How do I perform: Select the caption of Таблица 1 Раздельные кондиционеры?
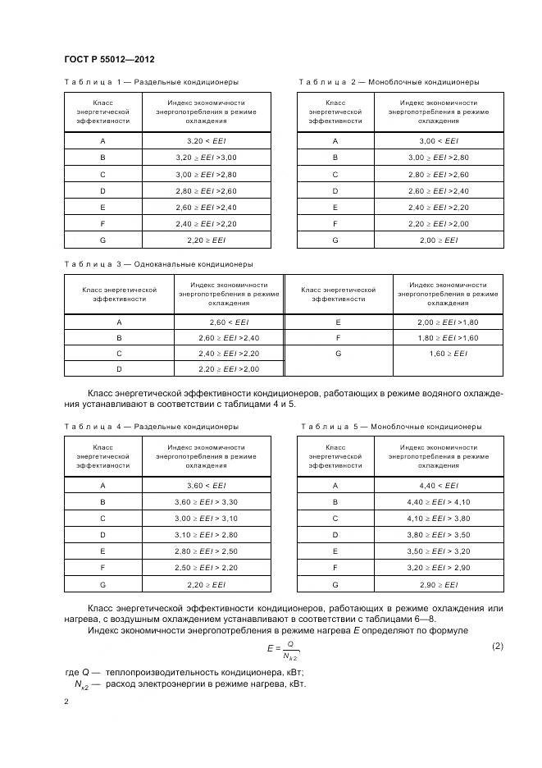[152, 82]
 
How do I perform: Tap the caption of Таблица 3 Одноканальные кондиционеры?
[158, 264]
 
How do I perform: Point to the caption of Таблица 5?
[391, 427]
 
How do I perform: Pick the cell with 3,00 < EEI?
[439, 141]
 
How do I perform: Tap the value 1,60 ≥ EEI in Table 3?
[449, 353]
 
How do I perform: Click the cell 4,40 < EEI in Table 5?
[439, 486]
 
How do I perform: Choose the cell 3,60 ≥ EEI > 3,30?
[206, 502]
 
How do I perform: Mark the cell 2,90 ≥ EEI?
[439, 585]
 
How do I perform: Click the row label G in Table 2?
[335, 241]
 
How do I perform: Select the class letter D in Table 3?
[119, 368]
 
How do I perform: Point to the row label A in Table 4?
[102, 486]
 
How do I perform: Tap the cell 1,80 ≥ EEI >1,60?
[449, 338]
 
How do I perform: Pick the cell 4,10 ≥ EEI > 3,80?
[439, 519]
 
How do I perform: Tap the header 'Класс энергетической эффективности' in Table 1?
[102, 112]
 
